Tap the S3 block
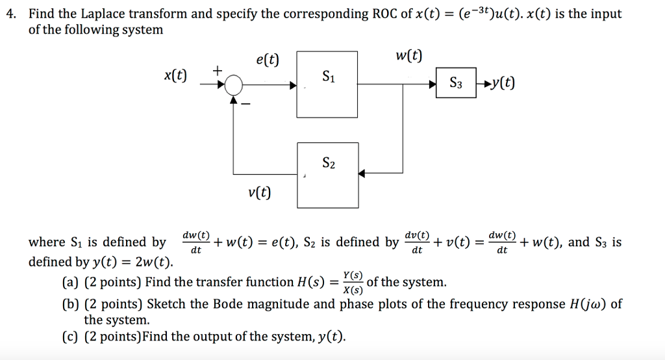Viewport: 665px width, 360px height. pyautogui.click(x=456, y=83)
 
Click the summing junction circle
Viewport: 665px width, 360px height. pyautogui.click(x=232, y=84)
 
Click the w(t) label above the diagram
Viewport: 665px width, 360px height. pyautogui.click(x=408, y=56)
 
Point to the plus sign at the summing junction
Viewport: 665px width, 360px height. pyautogui.click(x=217, y=69)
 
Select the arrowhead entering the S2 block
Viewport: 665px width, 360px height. pyautogui.click(x=362, y=174)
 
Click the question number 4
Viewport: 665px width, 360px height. pyautogui.click(x=9, y=14)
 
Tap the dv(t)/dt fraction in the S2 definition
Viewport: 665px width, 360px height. pyautogui.click(x=417, y=242)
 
